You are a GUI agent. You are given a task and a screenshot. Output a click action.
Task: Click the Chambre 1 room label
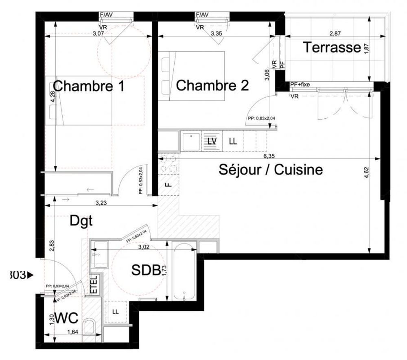click(88, 86)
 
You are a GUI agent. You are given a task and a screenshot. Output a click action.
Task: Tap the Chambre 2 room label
click(212, 85)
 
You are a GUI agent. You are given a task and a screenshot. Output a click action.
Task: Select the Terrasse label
click(332, 48)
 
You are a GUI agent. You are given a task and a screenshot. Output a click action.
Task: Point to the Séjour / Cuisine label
click(271, 169)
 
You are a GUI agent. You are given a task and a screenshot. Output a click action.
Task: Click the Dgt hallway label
click(81, 221)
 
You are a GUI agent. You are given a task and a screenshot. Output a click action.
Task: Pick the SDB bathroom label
click(145, 270)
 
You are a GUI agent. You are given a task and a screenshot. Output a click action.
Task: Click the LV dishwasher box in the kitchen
click(212, 141)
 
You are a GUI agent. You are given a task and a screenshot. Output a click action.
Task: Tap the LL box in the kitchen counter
click(233, 141)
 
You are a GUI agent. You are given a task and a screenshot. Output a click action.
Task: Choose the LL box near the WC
click(116, 312)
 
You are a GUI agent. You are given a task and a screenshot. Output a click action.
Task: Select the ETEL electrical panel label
click(94, 284)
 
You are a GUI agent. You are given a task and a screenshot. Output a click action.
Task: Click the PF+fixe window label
click(300, 84)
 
